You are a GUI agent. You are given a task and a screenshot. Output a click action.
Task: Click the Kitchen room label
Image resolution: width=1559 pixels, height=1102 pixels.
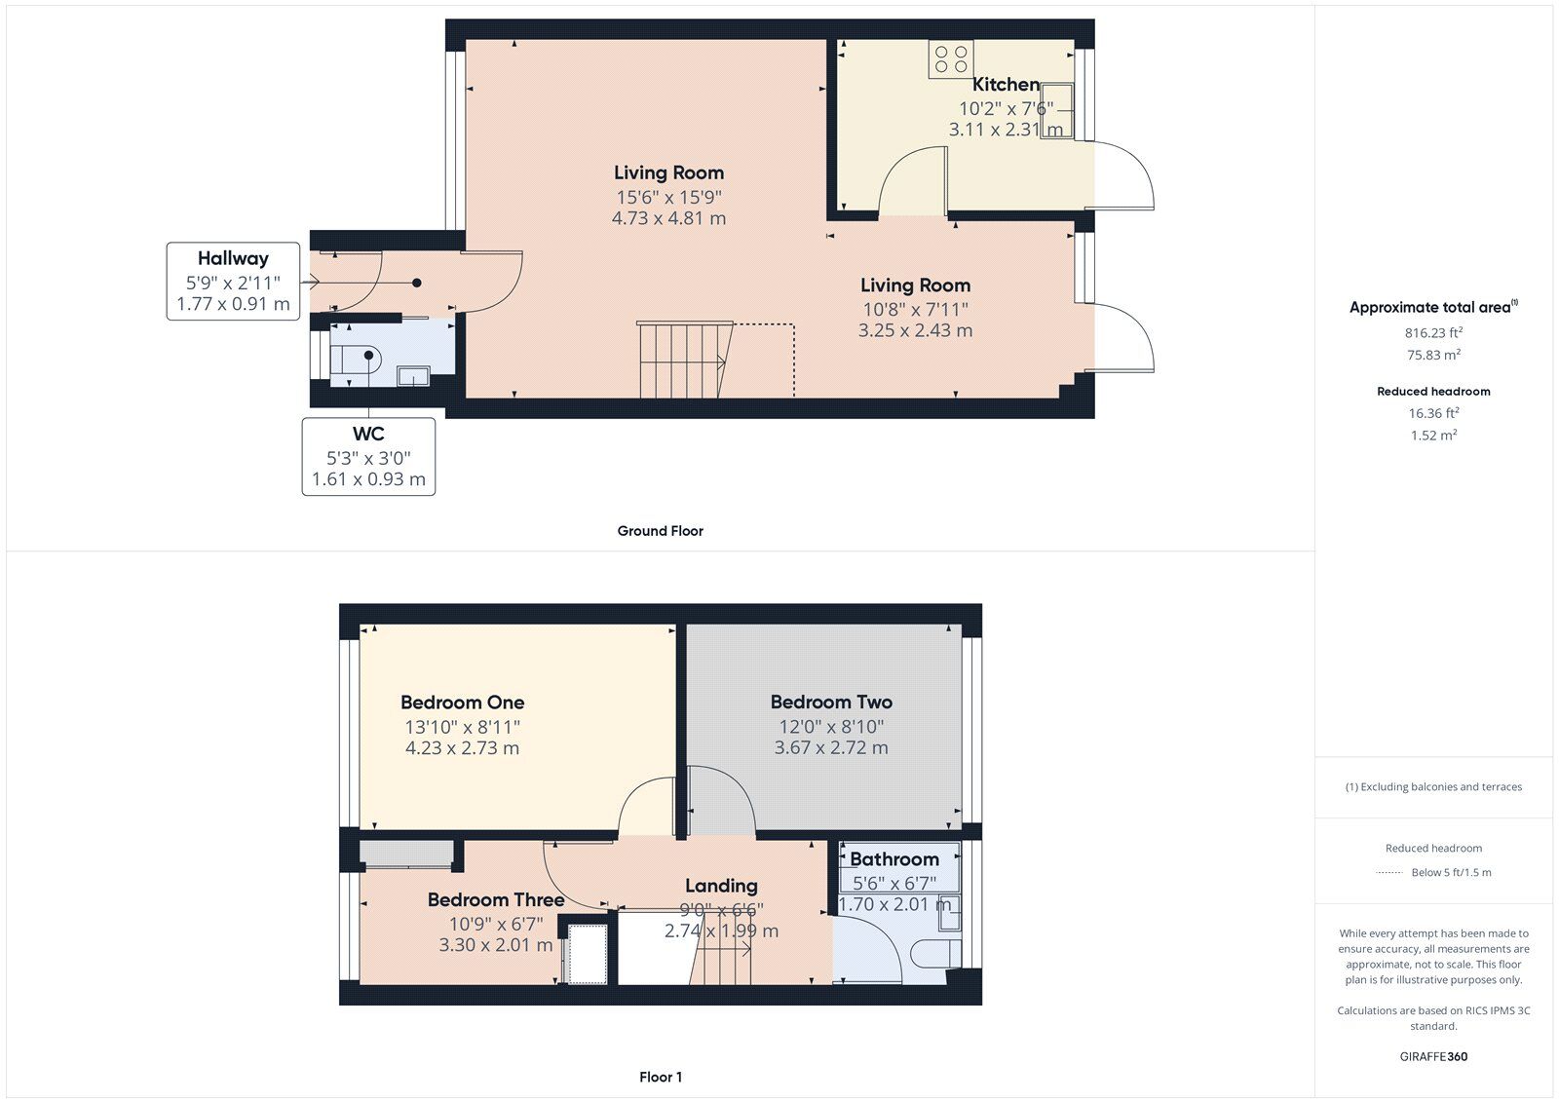pyautogui.click(x=1006, y=84)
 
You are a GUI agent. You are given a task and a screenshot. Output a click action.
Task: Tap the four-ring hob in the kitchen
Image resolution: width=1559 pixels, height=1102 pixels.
pyautogui.click(x=951, y=58)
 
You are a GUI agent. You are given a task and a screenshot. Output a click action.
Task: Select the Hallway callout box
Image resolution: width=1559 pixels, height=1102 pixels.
pyautogui.click(x=233, y=282)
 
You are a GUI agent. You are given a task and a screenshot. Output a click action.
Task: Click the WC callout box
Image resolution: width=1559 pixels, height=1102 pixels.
pyautogui.click(x=368, y=457)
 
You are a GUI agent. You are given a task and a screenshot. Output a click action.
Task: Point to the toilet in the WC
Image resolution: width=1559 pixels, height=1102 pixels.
pyautogui.click(x=356, y=360)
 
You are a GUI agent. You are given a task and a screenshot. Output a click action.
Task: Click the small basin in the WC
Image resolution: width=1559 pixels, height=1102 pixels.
pyautogui.click(x=413, y=376)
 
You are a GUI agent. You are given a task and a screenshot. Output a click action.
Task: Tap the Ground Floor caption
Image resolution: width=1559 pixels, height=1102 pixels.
pyautogui.click(x=660, y=530)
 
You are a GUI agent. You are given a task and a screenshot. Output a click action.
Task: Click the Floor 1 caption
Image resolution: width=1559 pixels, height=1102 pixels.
pyautogui.click(x=661, y=1077)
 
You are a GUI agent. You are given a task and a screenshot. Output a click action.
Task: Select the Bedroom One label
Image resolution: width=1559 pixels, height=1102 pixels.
pyautogui.click(x=462, y=702)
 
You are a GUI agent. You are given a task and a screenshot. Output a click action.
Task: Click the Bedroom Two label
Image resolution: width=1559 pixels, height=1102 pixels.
pyautogui.click(x=831, y=702)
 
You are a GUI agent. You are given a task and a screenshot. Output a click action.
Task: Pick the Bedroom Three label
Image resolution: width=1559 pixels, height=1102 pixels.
pyautogui.click(x=496, y=899)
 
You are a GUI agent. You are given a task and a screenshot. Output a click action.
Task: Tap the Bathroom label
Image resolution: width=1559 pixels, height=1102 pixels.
pyautogui.click(x=894, y=859)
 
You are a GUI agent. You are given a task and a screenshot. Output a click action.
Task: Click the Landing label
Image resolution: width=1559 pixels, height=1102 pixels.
pyautogui.click(x=721, y=886)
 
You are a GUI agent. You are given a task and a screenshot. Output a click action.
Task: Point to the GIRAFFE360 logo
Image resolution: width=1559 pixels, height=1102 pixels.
pyautogui.click(x=1433, y=1056)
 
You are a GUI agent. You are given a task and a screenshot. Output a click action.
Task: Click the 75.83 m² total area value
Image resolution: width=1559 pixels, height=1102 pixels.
pyautogui.click(x=1433, y=355)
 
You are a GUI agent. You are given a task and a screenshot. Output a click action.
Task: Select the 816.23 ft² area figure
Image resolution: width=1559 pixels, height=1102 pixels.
pyautogui.click(x=1433, y=333)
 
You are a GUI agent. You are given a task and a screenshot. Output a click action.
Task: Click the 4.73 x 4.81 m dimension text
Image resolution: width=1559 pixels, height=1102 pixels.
pyautogui.click(x=668, y=218)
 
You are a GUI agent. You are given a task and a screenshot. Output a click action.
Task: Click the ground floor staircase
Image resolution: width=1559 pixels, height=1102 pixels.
pyautogui.click(x=685, y=360)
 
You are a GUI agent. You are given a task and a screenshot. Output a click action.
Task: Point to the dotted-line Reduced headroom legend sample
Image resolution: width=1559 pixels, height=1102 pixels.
pyautogui.click(x=1389, y=872)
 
